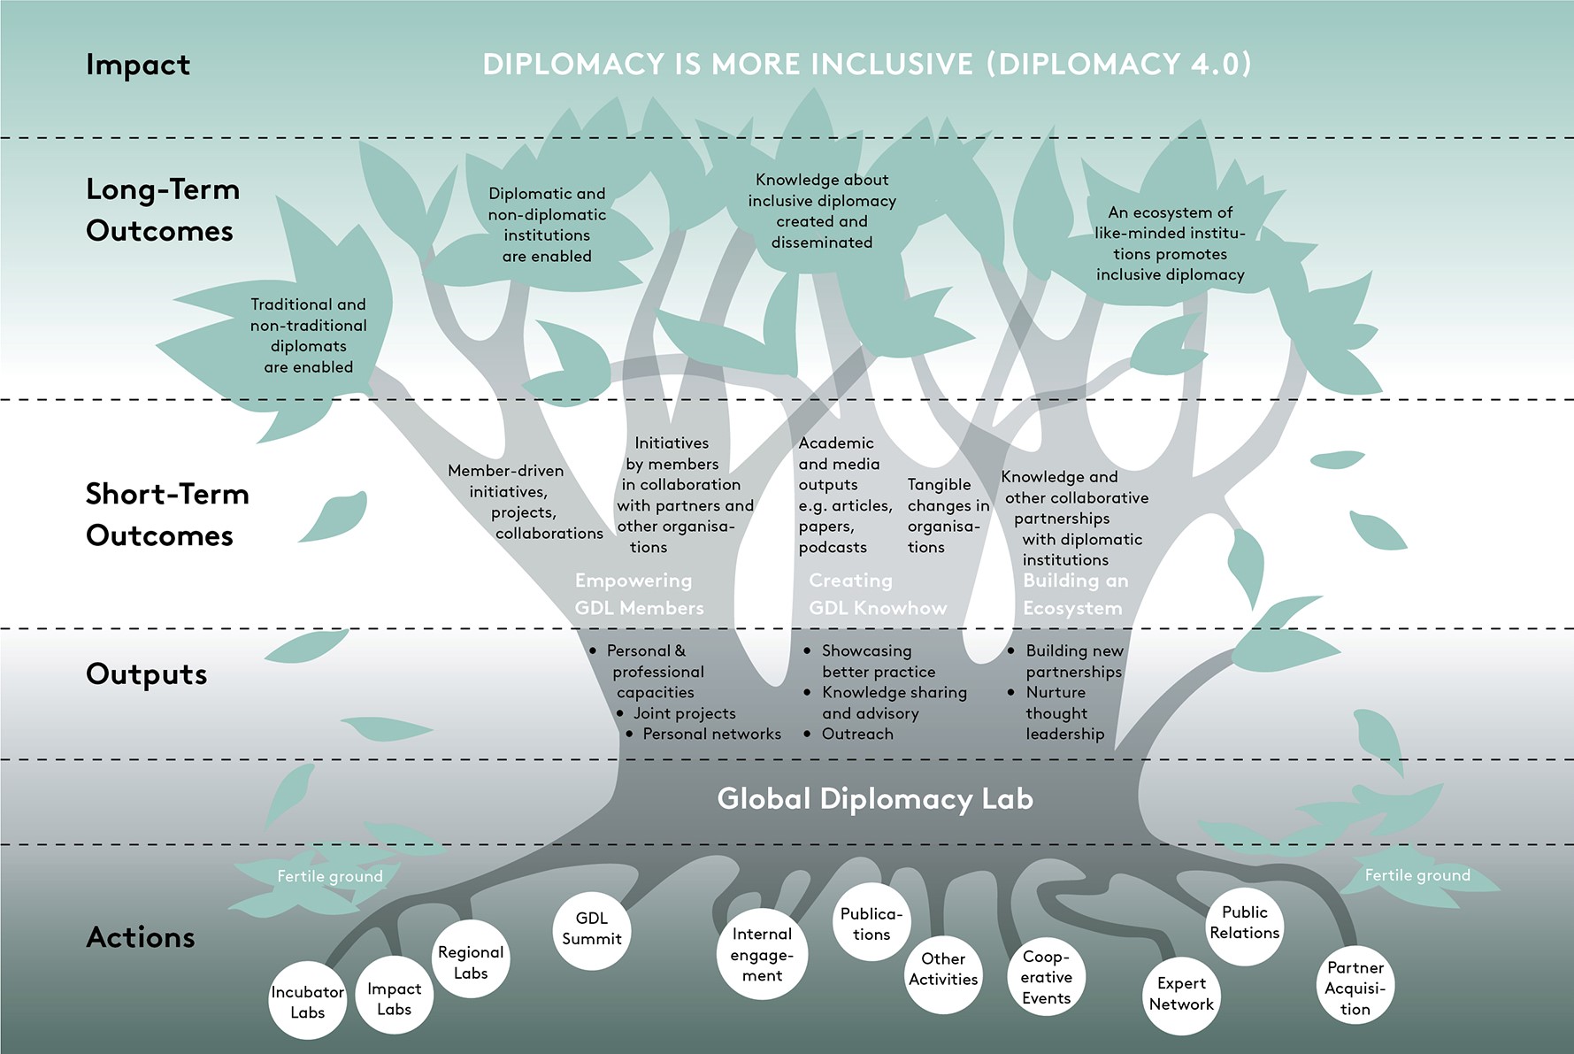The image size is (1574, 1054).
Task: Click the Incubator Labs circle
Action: tap(307, 1001)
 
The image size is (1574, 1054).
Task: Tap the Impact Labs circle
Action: tap(394, 997)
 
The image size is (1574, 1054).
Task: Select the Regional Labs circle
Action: tap(471, 961)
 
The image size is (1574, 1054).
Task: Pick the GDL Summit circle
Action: tap(591, 929)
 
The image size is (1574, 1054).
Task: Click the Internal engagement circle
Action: tap(762, 955)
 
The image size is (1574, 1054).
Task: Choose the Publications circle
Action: tap(871, 923)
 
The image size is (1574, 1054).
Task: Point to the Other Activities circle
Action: tap(943, 969)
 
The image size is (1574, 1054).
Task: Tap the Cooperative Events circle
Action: tap(1046, 977)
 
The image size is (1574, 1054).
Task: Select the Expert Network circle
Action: tap(1181, 994)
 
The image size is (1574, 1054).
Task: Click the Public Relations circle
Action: tap(1244, 922)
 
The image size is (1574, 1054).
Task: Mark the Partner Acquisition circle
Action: tap(1355, 988)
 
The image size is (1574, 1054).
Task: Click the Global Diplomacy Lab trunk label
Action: tap(874, 798)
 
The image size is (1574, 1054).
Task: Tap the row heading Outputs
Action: tap(147, 674)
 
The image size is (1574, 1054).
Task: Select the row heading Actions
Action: tap(141, 937)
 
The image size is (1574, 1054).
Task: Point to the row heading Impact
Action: tap(138, 65)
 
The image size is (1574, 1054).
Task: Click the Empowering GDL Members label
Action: tap(639, 594)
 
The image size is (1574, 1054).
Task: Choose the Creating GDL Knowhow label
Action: tap(877, 594)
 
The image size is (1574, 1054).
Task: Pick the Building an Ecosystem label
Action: tap(1075, 594)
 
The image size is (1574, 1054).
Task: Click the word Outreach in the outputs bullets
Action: tap(856, 734)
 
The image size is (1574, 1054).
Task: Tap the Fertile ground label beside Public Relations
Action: tap(1417, 875)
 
